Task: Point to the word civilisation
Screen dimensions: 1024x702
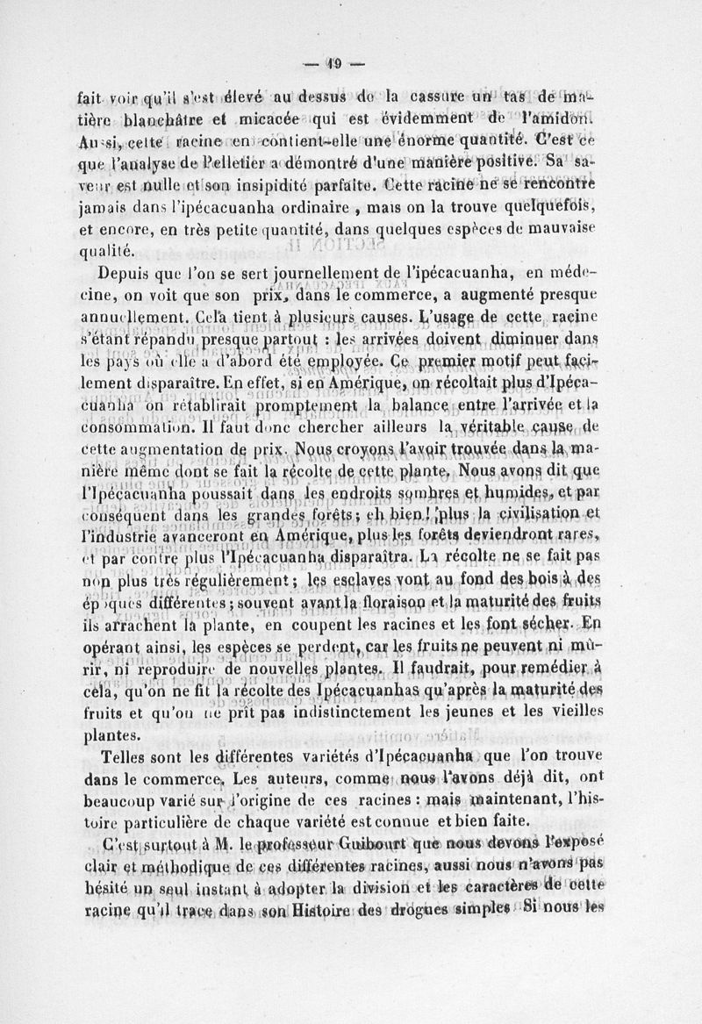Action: point(537,512)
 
